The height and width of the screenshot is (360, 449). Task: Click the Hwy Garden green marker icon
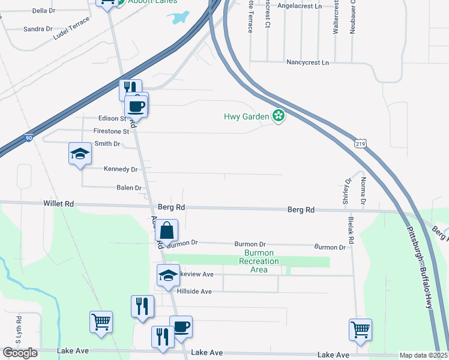[x=278, y=116]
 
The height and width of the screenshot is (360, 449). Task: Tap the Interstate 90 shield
[x=29, y=139]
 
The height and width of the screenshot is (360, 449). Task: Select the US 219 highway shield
[x=360, y=143]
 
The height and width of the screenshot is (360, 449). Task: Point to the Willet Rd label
[x=58, y=204]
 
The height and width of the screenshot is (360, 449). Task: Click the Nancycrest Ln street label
[x=308, y=62]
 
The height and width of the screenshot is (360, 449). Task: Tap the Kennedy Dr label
[x=121, y=170]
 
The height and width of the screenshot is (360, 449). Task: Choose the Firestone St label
[x=111, y=131]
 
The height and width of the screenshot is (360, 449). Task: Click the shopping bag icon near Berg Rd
[x=168, y=230]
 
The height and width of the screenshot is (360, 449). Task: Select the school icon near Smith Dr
[x=80, y=154]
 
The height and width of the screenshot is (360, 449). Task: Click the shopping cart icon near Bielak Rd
[x=360, y=328]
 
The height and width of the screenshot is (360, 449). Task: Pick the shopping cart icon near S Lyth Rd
[x=101, y=321]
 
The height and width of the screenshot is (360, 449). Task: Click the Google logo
[x=20, y=353]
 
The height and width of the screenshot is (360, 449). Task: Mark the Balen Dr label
[x=128, y=188]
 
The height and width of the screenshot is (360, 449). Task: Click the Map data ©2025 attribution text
[x=424, y=355]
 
